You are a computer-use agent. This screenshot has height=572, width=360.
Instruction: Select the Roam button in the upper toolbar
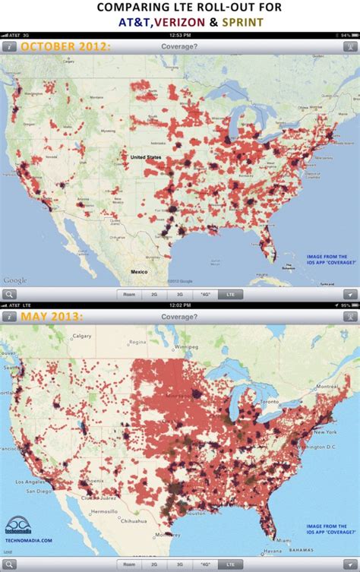coord(131,294)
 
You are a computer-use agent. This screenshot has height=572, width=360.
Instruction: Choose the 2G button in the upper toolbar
coord(156,294)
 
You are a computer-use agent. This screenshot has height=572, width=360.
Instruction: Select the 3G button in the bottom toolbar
coord(180,565)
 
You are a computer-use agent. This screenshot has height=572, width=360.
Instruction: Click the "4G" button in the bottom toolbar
coord(204,565)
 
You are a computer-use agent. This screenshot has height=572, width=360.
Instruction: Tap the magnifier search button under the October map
coord(10,294)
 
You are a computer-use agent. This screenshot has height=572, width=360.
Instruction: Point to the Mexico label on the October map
coord(138,271)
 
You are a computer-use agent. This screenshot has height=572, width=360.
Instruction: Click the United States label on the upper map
coord(145,157)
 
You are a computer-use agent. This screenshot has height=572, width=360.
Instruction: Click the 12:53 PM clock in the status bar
coord(180,35)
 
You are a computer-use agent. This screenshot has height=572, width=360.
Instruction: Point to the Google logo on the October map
coord(15,280)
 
